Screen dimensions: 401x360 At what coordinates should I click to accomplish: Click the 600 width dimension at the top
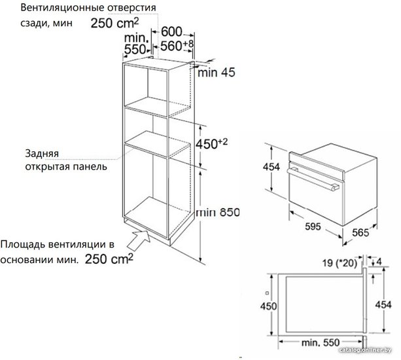pyautogui.click(x=171, y=31)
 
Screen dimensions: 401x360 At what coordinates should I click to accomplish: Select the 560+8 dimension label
pyautogui.click(x=177, y=46)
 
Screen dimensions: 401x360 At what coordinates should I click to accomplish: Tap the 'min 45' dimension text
pyautogui.click(x=216, y=73)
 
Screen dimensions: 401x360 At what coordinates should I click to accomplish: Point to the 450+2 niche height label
pyautogui.click(x=211, y=143)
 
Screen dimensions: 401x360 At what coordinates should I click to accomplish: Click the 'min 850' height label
pyautogui.click(x=218, y=212)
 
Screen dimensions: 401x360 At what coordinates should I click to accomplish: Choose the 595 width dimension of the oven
pyautogui.click(x=313, y=226)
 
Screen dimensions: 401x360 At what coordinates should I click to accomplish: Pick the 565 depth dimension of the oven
pyautogui.click(x=360, y=232)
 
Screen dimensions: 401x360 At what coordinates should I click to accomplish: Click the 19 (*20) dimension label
pyautogui.click(x=340, y=262)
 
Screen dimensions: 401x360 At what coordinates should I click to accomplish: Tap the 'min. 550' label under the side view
pyautogui.click(x=321, y=342)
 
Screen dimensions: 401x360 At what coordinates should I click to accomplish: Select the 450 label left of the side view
pyautogui.click(x=268, y=306)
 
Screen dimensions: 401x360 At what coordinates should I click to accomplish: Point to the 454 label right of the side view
pyautogui.click(x=383, y=304)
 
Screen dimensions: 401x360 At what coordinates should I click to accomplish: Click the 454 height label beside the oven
pyautogui.click(x=271, y=167)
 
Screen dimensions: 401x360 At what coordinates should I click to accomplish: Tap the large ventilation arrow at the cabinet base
pyautogui.click(x=139, y=239)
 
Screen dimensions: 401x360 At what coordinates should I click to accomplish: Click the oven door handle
pyautogui.click(x=313, y=179)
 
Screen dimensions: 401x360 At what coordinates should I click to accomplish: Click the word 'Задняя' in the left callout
pyautogui.click(x=42, y=154)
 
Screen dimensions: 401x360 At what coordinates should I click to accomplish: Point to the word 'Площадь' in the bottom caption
pyautogui.click(x=22, y=244)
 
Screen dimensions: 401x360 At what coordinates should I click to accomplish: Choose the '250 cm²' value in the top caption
pyautogui.click(x=115, y=23)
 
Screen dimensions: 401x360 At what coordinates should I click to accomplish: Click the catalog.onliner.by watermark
pyautogui.click(x=365, y=350)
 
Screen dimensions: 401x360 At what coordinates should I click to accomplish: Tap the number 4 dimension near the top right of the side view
pyautogui.click(x=379, y=262)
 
